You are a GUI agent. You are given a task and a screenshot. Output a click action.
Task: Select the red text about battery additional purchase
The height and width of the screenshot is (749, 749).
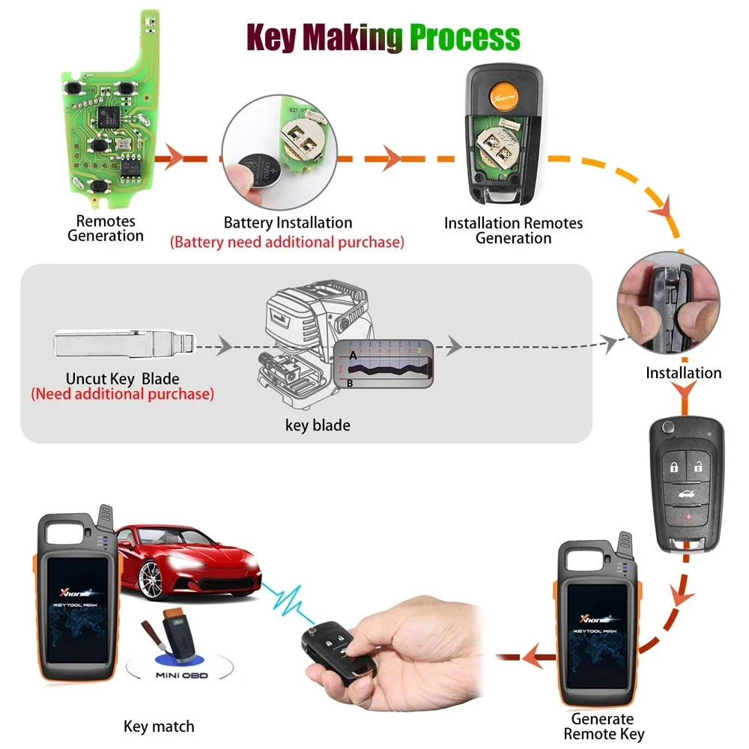click(287, 242)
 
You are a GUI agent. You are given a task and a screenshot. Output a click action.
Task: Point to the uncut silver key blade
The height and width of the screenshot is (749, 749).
click(124, 345)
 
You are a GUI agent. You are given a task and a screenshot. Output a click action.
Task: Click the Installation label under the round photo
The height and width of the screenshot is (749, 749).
click(683, 373)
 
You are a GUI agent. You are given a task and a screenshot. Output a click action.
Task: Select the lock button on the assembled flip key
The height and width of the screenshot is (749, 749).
click(675, 468)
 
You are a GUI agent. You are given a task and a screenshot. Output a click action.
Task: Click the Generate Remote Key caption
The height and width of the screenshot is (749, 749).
click(603, 727)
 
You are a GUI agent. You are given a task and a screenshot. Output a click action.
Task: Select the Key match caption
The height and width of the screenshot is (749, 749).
click(159, 726)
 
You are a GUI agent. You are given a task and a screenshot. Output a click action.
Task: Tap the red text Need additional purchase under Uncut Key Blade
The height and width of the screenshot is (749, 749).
click(122, 394)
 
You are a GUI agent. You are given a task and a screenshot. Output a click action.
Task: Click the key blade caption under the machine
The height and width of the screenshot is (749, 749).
click(318, 425)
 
